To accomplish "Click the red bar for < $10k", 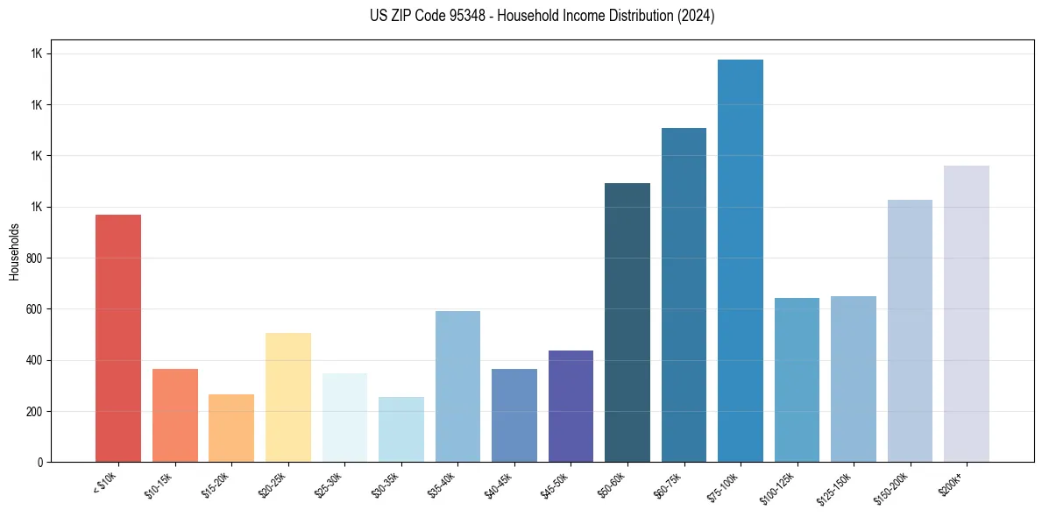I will pyautogui.click(x=118, y=338).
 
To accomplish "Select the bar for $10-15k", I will pyautogui.click(x=174, y=415).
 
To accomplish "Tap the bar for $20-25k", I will pyautogui.click(x=287, y=397).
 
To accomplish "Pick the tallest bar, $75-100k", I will pyautogui.click(x=741, y=261).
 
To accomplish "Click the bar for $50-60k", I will pyautogui.click(x=627, y=322).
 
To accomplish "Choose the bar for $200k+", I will pyautogui.click(x=967, y=314).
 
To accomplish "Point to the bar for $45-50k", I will pyautogui.click(x=571, y=406).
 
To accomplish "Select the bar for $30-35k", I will pyautogui.click(x=401, y=429).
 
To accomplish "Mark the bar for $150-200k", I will pyautogui.click(x=910, y=330).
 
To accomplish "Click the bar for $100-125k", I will pyautogui.click(x=797, y=379).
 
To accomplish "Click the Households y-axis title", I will pyautogui.click(x=14, y=251).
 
